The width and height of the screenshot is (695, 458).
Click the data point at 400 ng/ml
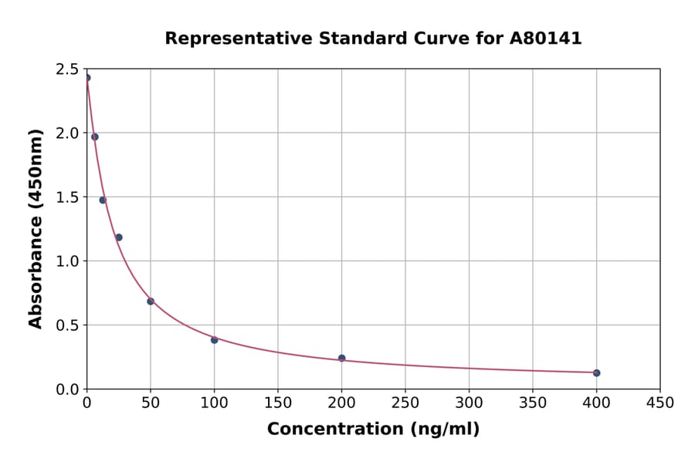[596, 373]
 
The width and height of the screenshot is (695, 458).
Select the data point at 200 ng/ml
[341, 358]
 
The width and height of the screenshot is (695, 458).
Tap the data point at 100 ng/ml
[215, 340]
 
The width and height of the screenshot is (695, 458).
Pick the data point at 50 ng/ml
[151, 301]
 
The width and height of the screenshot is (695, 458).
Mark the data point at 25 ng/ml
[119, 237]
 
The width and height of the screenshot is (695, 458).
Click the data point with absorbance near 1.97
[95, 136]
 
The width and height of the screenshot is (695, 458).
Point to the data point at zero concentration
[87, 78]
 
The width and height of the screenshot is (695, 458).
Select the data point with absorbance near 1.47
[103, 200]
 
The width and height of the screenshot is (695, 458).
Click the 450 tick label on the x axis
[659, 402]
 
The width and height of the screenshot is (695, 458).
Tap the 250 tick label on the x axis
[405, 402]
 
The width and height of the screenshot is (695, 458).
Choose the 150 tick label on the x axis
[278, 402]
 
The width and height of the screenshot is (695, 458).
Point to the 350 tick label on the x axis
[532, 402]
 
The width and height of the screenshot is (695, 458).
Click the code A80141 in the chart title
[545, 39]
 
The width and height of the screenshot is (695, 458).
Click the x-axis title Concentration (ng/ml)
[373, 429]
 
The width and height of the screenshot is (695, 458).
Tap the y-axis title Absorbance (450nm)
[36, 228]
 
